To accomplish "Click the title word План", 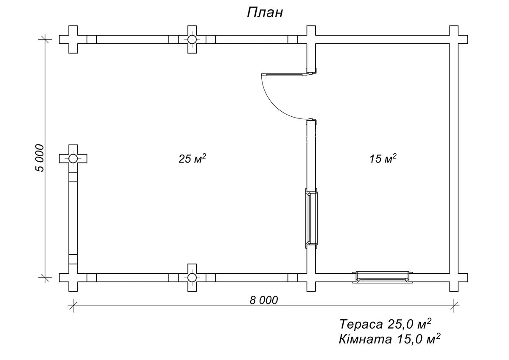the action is click(265, 12).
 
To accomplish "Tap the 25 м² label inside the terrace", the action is click(192, 158).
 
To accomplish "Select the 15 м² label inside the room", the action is click(383, 158).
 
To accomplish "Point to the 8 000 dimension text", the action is click(264, 300).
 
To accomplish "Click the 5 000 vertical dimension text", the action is click(40, 158).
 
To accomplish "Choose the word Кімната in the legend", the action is click(365, 339).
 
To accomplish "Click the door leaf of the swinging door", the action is click(284, 74).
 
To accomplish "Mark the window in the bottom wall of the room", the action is click(383, 277).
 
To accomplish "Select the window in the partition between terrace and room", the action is click(311, 218).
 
